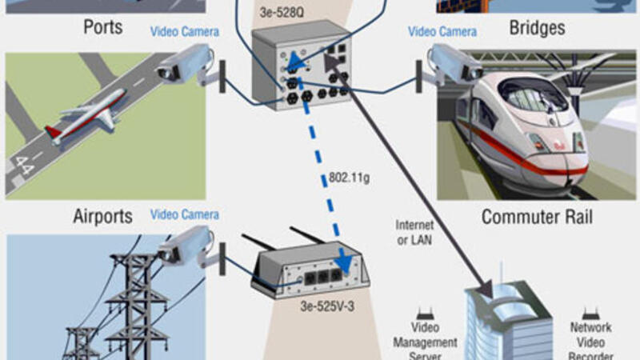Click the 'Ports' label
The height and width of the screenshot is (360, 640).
coord(103,27)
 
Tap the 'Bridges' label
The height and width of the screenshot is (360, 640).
coord(537,27)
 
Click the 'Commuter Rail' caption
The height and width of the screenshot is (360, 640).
coord(537,217)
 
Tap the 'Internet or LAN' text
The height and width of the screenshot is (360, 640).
coord(414,232)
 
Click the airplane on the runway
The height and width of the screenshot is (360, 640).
coord(88,116)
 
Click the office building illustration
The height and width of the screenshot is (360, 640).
coord(508,320)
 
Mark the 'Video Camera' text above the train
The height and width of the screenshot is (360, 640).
coord(442,32)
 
